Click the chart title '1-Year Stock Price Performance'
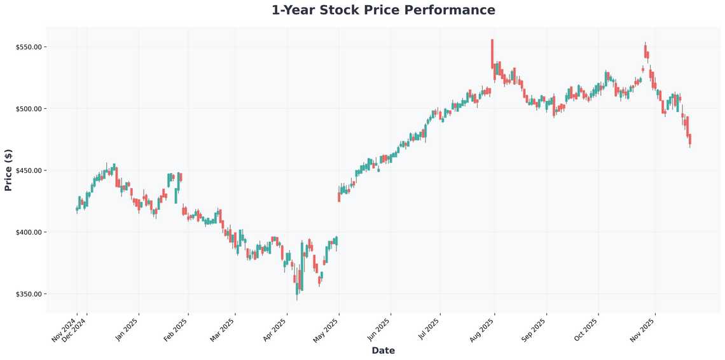tap(383, 10)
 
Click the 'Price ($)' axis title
tap(8, 170)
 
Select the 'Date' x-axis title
tap(383, 350)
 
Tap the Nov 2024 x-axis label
tap(64, 330)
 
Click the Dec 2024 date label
tap(75, 330)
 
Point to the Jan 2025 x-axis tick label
tap(127, 330)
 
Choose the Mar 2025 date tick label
tap(223, 330)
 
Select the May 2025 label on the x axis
tap(327, 330)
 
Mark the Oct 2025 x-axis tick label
tap(586, 330)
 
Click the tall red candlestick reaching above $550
tap(492, 53)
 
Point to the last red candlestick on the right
tap(690, 139)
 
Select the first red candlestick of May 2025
tap(339, 197)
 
